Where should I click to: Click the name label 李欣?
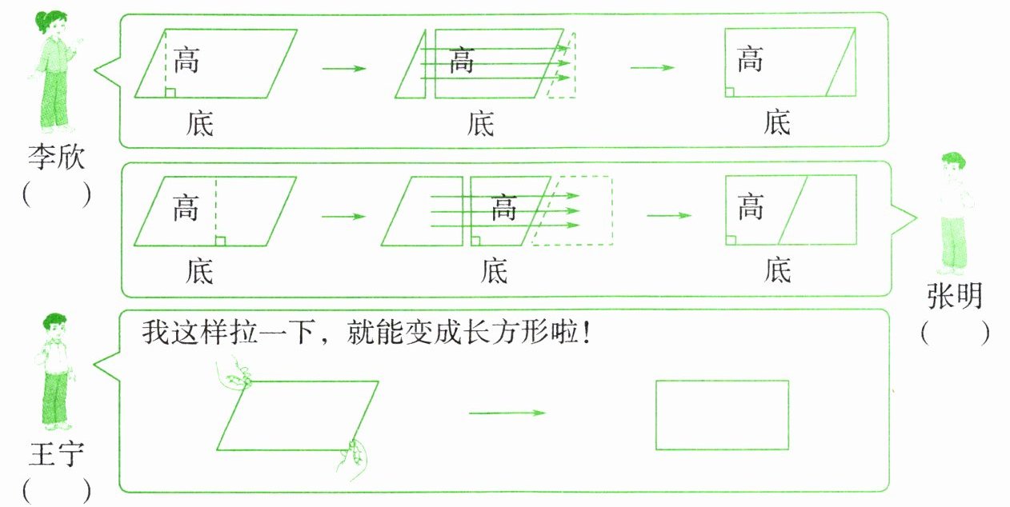54,156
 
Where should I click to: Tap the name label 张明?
955,295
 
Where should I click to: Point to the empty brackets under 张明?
955,333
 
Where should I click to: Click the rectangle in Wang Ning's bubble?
722,414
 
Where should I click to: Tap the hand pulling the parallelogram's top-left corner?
234,376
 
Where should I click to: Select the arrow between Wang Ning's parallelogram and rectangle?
506,413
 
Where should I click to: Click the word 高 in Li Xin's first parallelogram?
186,60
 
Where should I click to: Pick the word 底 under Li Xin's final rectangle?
776,123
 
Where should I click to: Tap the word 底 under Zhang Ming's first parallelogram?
199,271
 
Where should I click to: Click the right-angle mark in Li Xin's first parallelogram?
170,93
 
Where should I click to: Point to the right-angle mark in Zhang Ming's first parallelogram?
220,240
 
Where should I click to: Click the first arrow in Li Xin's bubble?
343,68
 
